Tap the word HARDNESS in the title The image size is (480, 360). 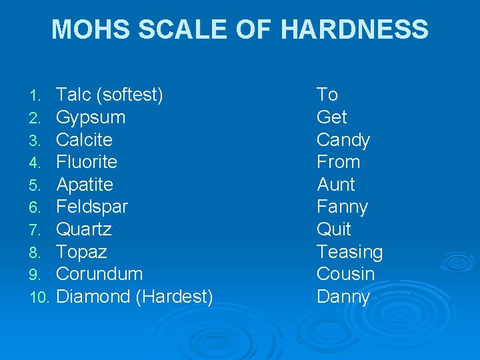[355, 29]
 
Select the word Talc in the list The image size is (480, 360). [73, 95]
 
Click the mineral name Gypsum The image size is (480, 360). [91, 117]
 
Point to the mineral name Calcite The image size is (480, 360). [84, 140]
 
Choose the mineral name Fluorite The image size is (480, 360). [87, 162]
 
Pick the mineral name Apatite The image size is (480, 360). [85, 185]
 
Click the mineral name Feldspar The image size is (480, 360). [92, 207]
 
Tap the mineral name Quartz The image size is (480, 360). [84, 229]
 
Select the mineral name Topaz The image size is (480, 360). [81, 252]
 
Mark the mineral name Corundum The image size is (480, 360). [99, 274]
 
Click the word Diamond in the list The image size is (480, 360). [93, 297]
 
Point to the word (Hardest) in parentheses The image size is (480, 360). [174, 297]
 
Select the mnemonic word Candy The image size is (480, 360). [343, 140]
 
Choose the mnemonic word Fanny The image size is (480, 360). [342, 207]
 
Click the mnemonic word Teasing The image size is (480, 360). [349, 252]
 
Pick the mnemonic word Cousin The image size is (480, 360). [345, 274]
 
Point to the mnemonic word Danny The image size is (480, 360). [343, 297]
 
